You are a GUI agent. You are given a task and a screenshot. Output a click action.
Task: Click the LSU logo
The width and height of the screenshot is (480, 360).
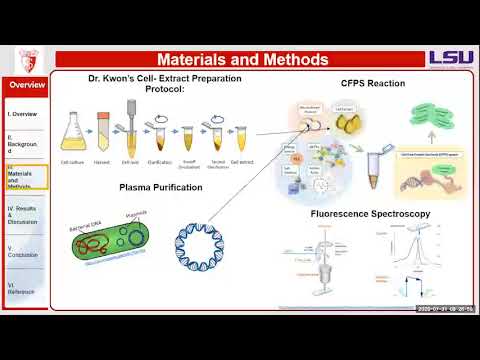pyautogui.click(x=451, y=58)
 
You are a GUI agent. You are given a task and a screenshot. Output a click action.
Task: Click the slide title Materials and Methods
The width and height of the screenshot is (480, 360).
pyautogui.click(x=242, y=60)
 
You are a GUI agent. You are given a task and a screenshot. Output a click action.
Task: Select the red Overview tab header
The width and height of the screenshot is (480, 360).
pyautogui.click(x=27, y=85)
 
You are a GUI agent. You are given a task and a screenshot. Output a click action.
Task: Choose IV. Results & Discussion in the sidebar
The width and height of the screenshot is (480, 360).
pyautogui.click(x=25, y=214)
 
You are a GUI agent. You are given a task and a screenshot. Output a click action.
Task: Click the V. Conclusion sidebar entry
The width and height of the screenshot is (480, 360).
pyautogui.click(x=25, y=250)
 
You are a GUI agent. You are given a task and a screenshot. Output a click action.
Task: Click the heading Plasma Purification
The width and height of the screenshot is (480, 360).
pyautogui.click(x=161, y=187)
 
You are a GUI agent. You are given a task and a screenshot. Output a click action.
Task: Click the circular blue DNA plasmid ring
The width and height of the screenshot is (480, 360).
pyautogui.click(x=209, y=247)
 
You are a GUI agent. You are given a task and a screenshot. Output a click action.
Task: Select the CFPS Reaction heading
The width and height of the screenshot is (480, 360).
pyautogui.click(x=373, y=84)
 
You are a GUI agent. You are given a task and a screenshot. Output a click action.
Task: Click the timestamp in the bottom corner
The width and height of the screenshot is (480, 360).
pyautogui.click(x=446, y=309)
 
